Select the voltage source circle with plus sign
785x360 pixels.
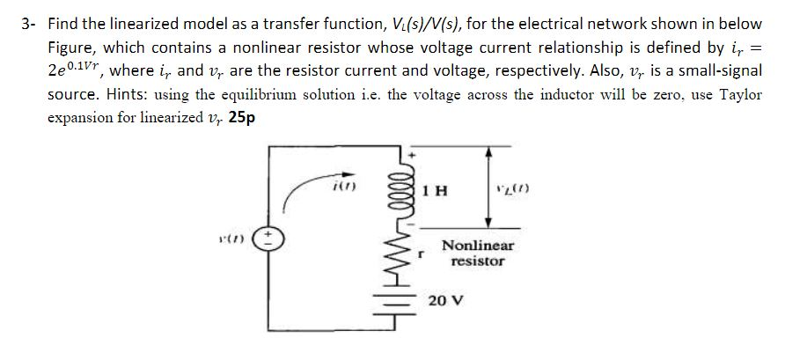click(273, 240)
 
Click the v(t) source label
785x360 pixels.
click(238, 240)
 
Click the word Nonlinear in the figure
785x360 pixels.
click(478, 246)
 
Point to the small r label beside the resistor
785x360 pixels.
click(424, 256)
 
